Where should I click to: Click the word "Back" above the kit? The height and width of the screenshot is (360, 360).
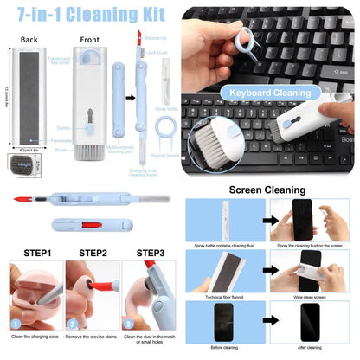coord(29,39)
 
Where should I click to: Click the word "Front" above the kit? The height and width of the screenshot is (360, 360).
coord(89,39)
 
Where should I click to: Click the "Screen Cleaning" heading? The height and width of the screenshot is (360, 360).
coord(267,190)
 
